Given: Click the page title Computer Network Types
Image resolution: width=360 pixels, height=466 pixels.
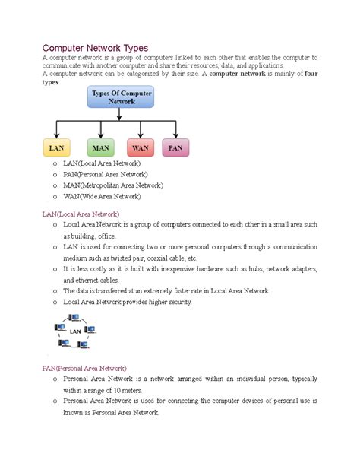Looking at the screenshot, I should coord(95,47).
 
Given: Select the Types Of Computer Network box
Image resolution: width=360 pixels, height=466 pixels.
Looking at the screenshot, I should coord(122,97).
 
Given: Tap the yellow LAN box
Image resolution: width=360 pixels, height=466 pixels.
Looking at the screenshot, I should coord(56,147).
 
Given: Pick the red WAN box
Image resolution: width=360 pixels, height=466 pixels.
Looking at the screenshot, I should coord(141,147).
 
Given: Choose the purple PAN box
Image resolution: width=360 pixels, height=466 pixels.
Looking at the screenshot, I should coord(175,147).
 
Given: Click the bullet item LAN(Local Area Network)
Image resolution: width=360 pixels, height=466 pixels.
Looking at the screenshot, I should coord(102,163).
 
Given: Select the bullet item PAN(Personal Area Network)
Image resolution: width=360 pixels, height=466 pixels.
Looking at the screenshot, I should coord(107,174).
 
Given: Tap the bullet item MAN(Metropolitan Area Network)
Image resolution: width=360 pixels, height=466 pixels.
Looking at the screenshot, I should coord(113,185).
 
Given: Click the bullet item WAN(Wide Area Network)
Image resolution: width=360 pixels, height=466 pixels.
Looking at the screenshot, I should coord(102,195).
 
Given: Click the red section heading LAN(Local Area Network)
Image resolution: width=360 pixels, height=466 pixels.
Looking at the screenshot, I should coord(81,214).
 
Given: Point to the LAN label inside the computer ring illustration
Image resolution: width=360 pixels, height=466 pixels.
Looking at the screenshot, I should coord(75,331).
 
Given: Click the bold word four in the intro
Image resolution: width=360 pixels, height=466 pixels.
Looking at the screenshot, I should coord(311,74).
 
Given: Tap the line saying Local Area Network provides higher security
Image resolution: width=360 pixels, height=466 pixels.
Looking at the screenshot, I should coord(128,302).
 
